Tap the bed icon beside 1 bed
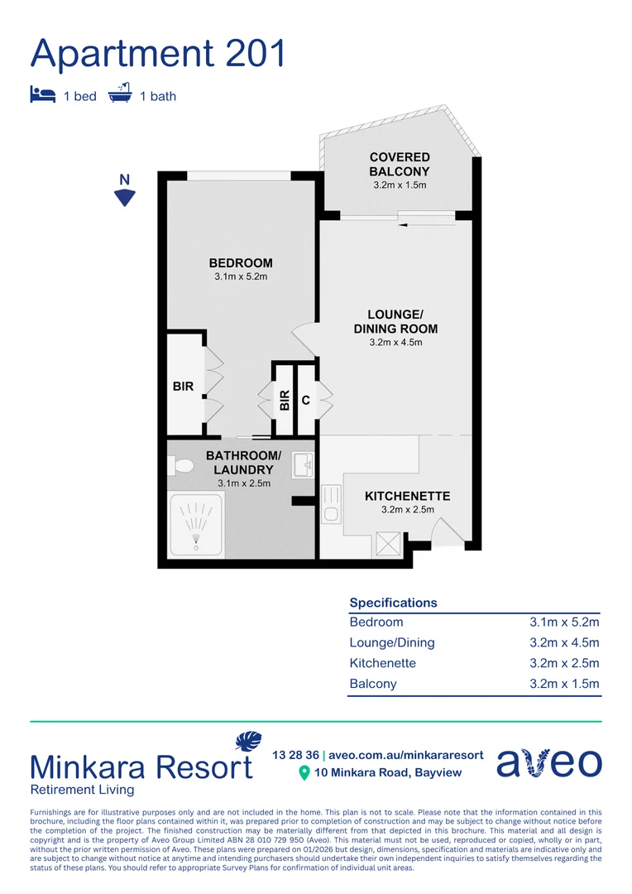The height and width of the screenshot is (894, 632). coord(42,95)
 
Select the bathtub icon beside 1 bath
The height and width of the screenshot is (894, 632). coord(121,94)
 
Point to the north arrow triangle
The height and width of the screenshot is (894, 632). coord(125,197)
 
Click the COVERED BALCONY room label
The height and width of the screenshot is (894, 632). coord(400,164)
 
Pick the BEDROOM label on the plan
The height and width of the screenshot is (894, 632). coord(241,263)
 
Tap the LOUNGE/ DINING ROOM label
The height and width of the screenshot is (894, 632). coord(396,321)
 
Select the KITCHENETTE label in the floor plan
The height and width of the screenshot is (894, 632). coord(408,496)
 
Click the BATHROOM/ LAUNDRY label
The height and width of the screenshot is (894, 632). coord(243,463)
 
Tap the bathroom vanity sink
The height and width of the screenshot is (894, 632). coord(304,465)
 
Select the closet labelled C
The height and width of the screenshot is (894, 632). coord(306,400)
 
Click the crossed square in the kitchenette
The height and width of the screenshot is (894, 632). coord(388,544)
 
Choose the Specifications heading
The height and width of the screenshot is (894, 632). coord(393,603)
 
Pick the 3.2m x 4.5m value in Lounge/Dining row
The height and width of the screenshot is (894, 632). coord(564,642)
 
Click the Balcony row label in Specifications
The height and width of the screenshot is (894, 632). coord(373,684)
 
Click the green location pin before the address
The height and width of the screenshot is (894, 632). coord(304,773)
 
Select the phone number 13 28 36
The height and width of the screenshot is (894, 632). coord(295,755)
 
